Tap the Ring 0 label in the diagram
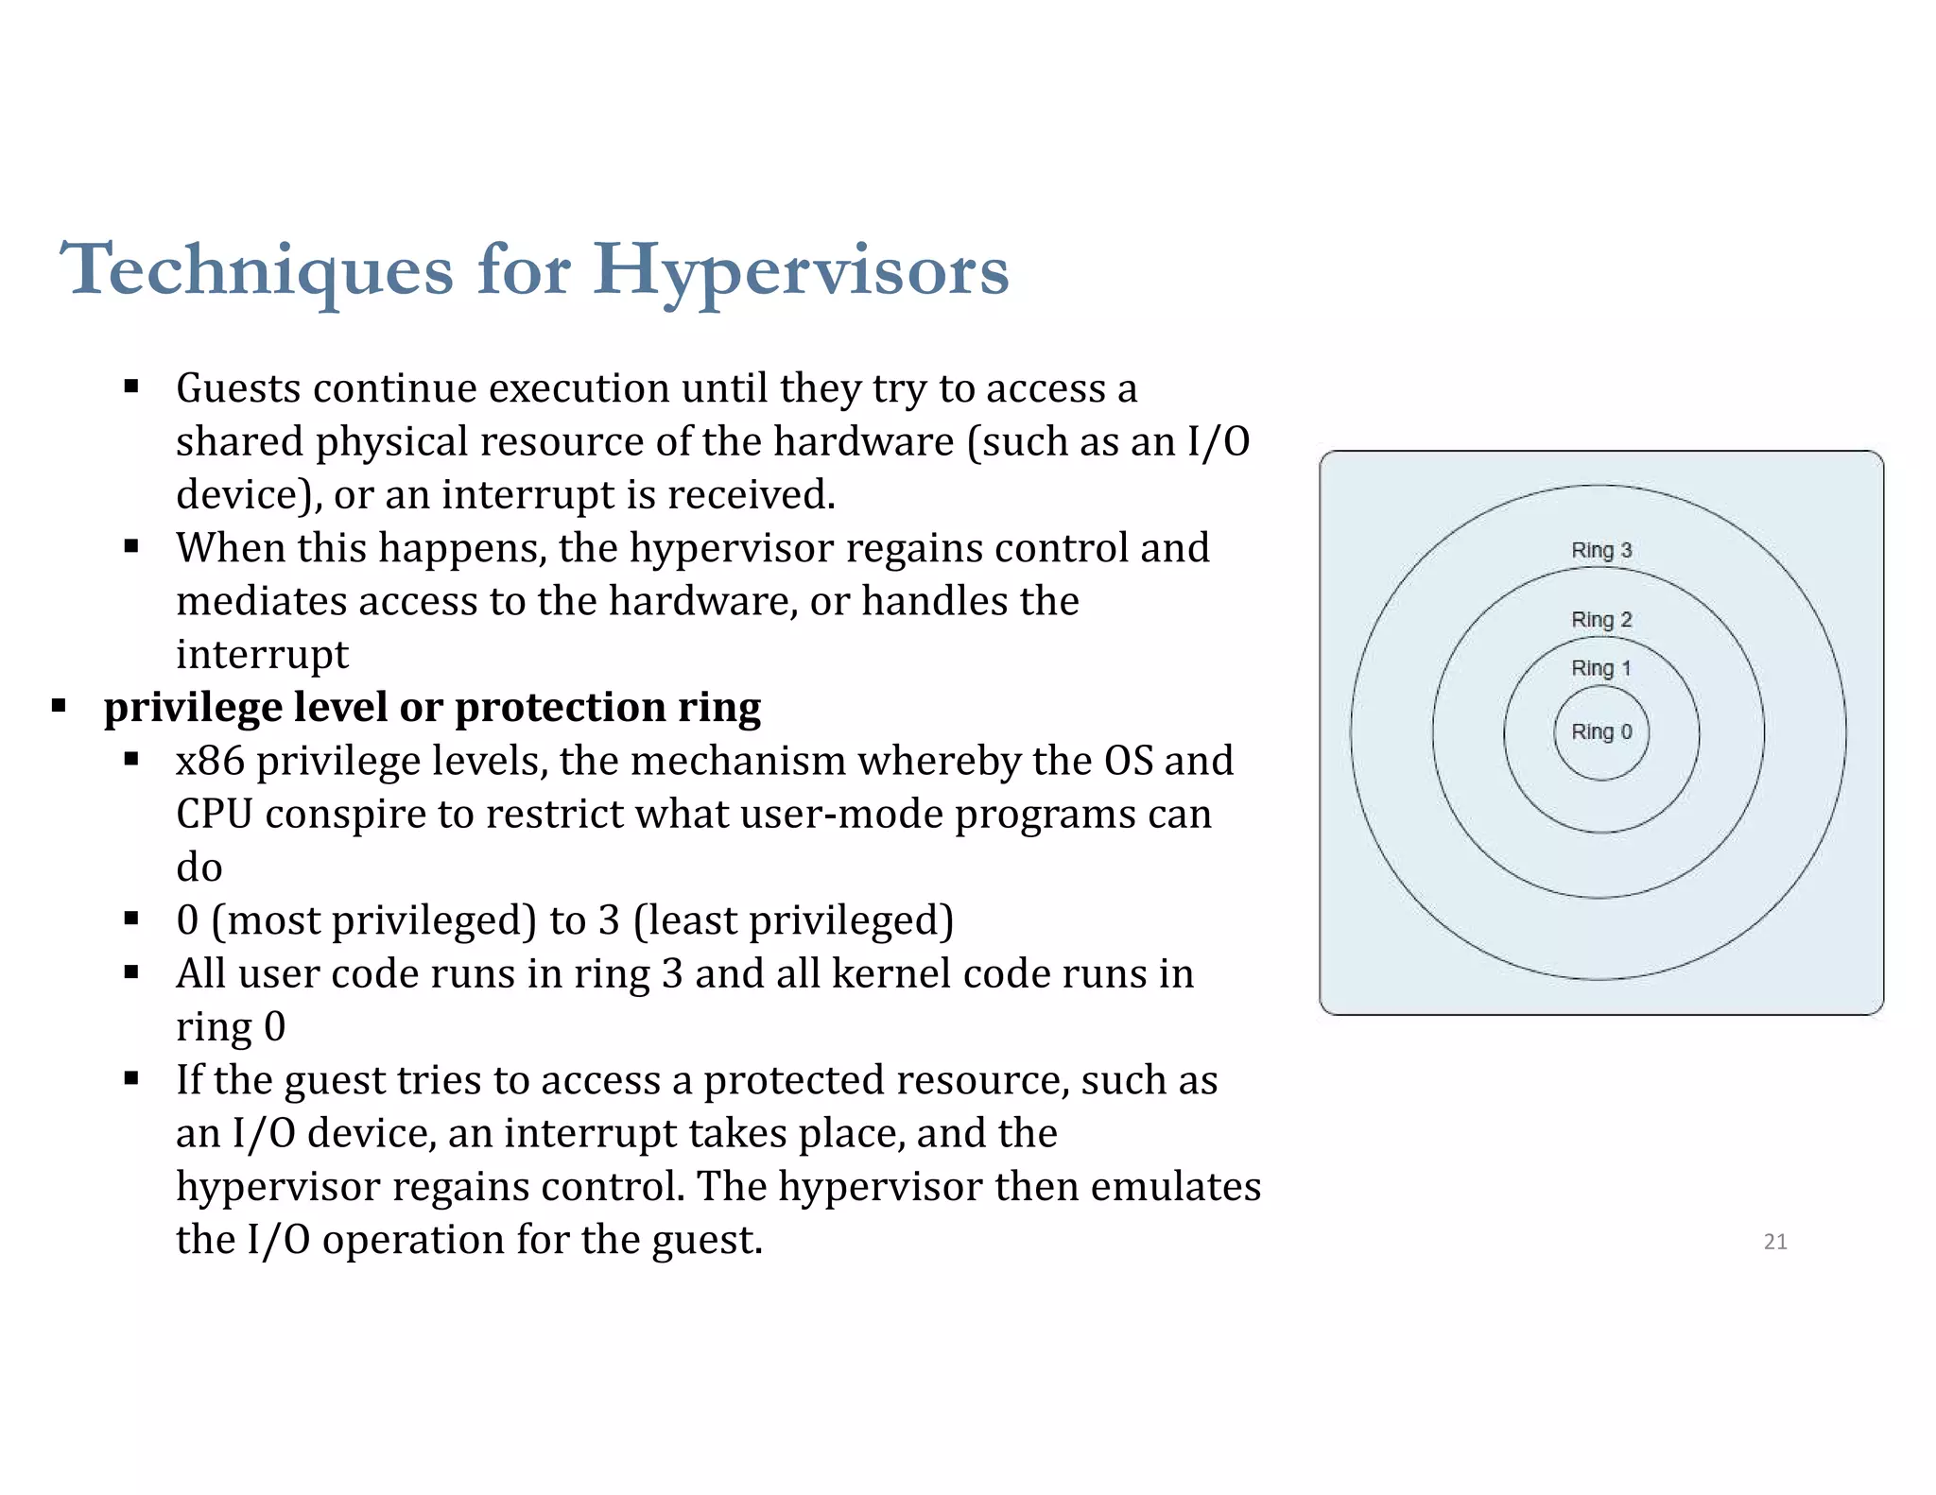[1601, 731]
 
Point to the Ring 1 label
[1601, 668]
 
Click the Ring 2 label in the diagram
[1601, 620]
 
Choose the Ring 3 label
[1601, 550]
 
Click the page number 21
[1775, 1242]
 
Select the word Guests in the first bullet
[239, 388]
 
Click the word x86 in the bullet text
[210, 761]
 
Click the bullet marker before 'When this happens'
[131, 546]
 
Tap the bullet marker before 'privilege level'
[59, 705]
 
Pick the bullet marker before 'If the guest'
[131, 1078]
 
